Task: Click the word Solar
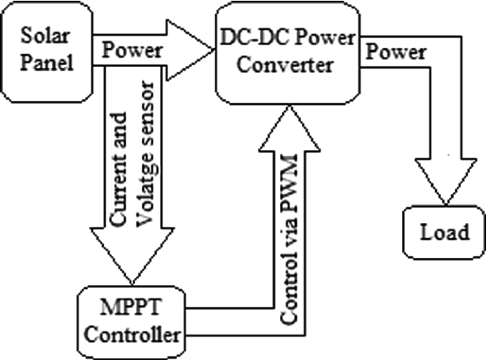(47, 35)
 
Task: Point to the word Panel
(47, 63)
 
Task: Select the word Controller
(134, 334)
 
